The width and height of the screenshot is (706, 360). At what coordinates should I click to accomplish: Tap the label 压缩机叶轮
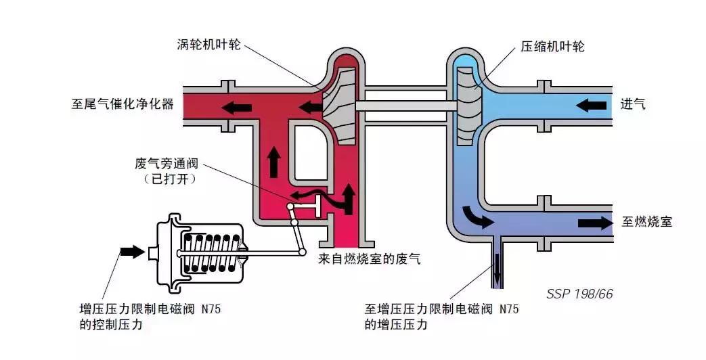point(552,47)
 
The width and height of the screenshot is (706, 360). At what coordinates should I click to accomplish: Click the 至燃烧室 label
point(646,221)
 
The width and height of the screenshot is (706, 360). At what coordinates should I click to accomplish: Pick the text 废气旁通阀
point(167,164)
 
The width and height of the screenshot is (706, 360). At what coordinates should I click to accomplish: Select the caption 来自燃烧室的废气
point(369,258)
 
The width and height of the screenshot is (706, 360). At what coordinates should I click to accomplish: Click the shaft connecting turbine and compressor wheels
point(403,106)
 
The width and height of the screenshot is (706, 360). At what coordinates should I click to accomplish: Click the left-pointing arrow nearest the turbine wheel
point(311,106)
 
